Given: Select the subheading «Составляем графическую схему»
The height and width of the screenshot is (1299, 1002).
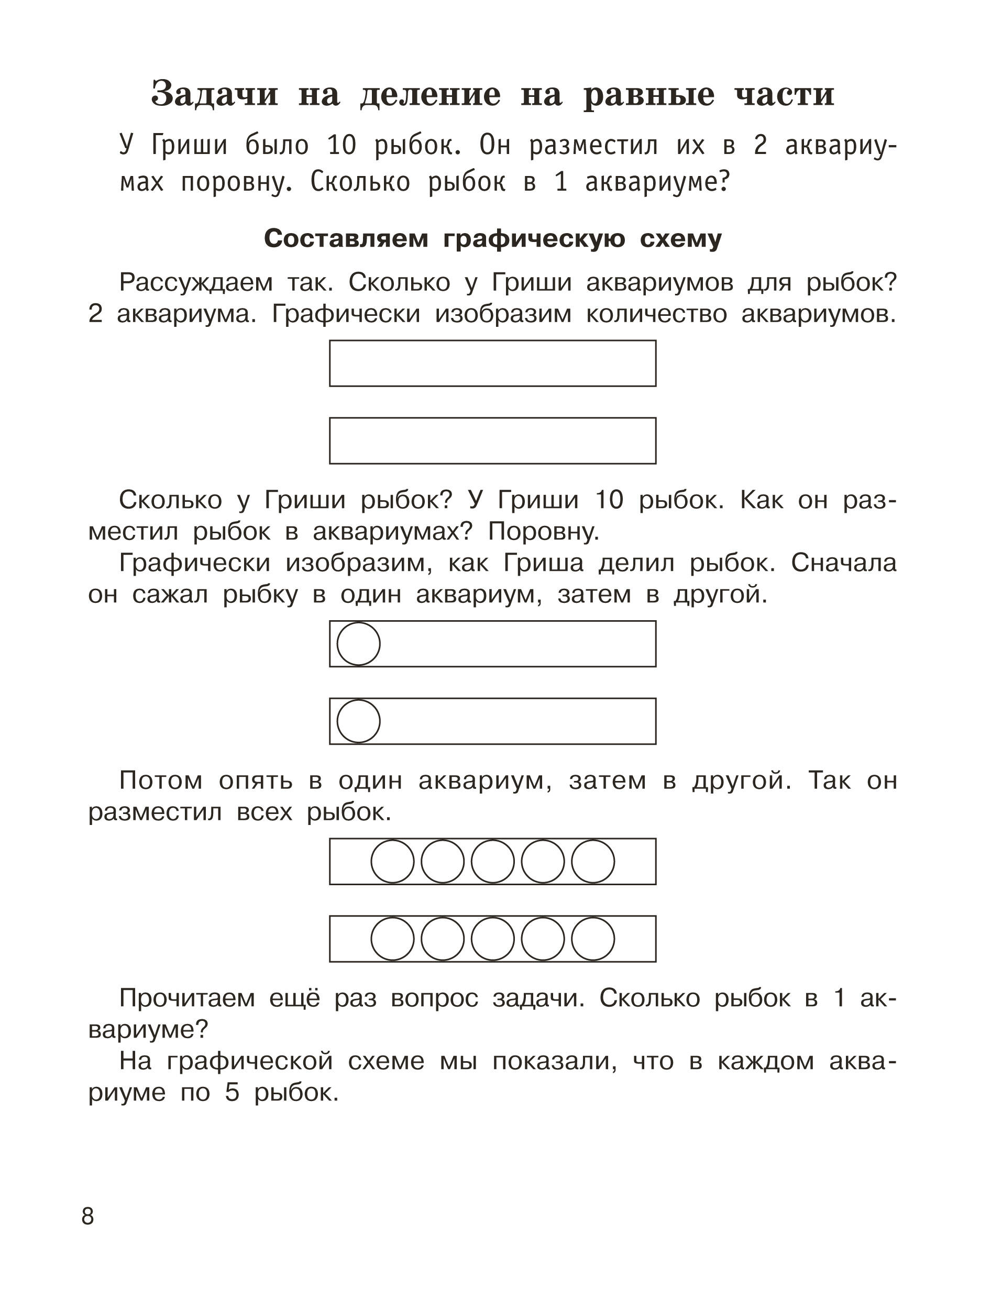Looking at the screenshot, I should coord(493,238).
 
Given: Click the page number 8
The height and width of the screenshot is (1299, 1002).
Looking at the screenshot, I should coord(87,1217).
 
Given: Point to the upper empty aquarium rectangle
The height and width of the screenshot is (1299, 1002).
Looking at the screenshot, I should coord(492,364).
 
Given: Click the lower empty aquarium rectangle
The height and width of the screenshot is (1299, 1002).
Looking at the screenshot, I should coord(492,441).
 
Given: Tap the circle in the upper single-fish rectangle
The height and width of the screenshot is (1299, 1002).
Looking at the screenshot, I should coord(359,644).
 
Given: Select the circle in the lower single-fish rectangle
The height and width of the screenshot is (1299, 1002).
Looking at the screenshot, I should coord(359,721).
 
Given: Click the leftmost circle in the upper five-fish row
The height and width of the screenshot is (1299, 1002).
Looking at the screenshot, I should coord(392,861).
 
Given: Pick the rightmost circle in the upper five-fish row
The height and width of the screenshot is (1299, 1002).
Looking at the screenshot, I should coord(593,861).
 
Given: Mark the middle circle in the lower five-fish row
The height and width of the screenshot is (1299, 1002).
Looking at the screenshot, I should coord(493,939).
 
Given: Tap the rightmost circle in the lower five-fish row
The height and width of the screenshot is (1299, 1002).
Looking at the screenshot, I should coord(593,939).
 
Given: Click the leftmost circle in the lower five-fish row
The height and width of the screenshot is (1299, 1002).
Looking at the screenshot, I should coord(392,939).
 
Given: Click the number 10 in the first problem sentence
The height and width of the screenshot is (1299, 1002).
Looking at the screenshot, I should coord(342,146).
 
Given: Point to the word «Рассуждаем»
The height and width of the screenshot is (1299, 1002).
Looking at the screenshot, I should coord(196,282).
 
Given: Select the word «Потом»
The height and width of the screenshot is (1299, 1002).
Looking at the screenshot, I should coord(161,780).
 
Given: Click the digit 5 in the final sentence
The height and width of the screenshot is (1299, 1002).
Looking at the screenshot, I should coord(232,1093).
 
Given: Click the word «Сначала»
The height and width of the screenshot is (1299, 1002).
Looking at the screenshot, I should coord(843,563).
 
